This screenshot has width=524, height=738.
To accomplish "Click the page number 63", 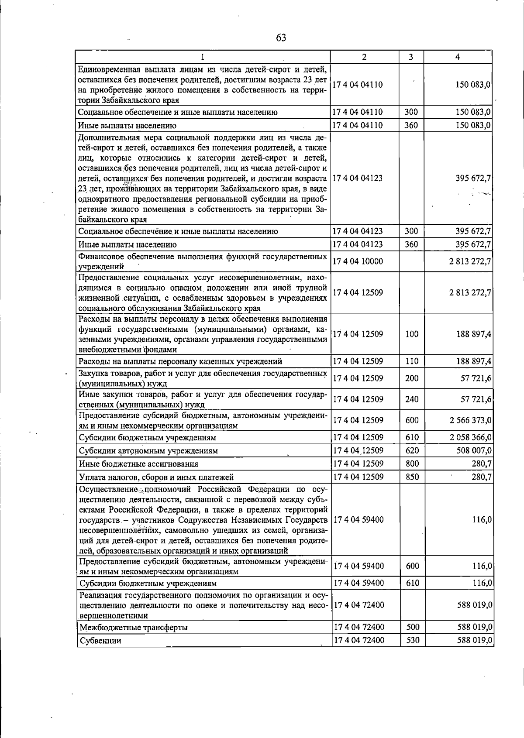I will [x=281, y=38].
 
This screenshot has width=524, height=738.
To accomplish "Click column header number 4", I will [x=457, y=57].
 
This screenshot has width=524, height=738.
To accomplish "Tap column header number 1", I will [x=203, y=57].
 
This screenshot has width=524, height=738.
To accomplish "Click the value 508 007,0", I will [x=474, y=450].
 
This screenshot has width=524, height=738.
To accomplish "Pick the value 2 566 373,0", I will [x=471, y=420].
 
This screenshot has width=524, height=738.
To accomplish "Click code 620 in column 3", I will [x=412, y=450].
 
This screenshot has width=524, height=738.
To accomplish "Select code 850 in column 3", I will [x=412, y=477].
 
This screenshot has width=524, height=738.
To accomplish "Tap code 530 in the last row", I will [x=413, y=641].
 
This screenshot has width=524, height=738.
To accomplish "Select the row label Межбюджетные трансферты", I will [x=134, y=628].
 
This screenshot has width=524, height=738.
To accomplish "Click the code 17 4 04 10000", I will [x=358, y=261].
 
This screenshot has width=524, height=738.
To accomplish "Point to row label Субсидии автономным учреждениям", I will [x=148, y=451].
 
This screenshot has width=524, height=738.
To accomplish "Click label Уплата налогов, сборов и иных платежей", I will [x=156, y=477].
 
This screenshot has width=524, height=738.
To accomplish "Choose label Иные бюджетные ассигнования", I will [x=138, y=464].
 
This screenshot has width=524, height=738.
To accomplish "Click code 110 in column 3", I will [x=412, y=361].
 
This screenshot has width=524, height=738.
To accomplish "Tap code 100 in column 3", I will [x=412, y=334].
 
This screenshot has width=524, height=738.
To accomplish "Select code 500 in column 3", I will [x=413, y=627].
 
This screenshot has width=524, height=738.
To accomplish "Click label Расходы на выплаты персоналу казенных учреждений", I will [x=180, y=361].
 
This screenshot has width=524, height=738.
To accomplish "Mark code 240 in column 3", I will [x=412, y=399].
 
